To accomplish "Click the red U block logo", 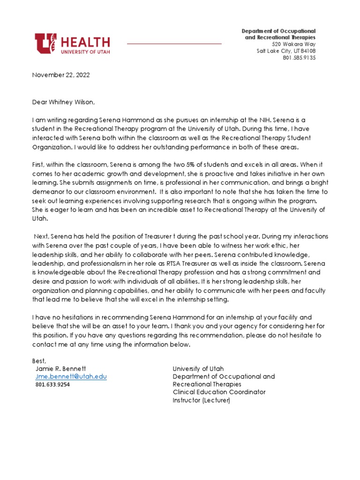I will point(45,43).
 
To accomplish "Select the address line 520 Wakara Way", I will point(295,44).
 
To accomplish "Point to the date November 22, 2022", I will point(61,75).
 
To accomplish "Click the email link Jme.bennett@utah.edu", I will point(71,376).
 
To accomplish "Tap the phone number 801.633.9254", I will point(52,384).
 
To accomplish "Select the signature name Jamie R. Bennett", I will point(61,368).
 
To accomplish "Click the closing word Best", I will point(39,360).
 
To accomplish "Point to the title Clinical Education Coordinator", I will point(219,392).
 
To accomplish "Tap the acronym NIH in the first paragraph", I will point(274,120).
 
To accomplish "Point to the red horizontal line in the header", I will point(174,44).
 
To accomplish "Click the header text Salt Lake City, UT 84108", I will point(286,51).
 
